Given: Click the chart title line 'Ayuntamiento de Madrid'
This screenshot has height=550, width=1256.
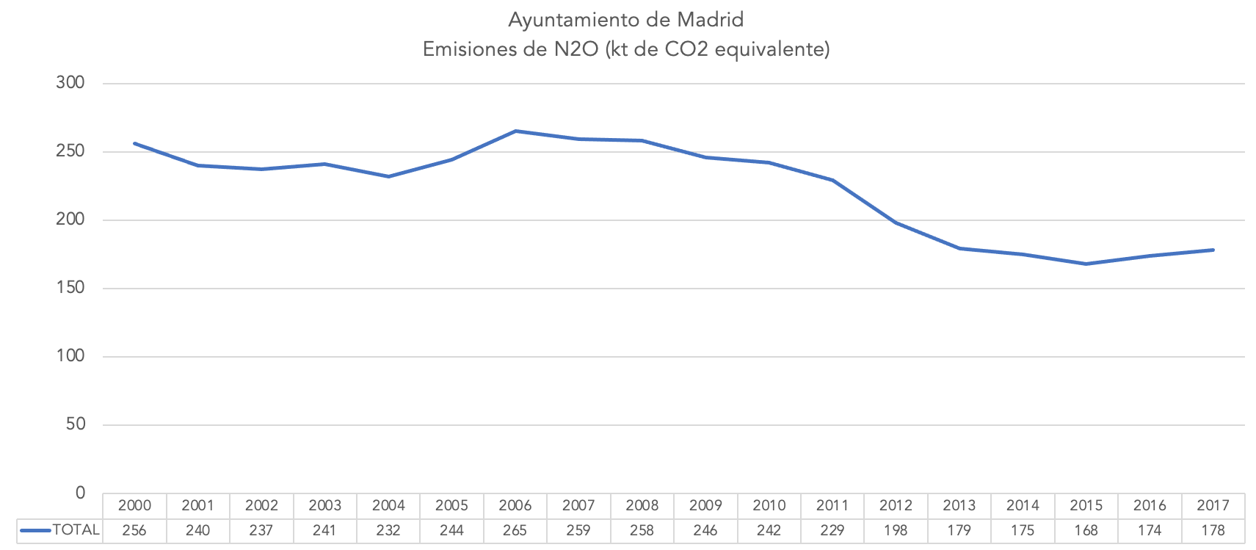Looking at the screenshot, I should tap(625, 20).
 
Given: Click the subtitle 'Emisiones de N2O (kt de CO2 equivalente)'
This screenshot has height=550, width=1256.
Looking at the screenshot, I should tap(625, 49).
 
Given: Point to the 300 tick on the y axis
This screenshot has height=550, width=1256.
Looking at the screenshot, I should tap(70, 83).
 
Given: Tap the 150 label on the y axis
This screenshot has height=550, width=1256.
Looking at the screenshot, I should tap(70, 288).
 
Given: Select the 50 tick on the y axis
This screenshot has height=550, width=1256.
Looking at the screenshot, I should tap(76, 424).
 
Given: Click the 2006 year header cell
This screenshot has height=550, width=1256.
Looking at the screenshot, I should tap(515, 505).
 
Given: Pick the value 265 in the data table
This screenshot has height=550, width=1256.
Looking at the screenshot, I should tap(515, 530).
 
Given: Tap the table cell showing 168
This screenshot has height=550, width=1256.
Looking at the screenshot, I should tap(1086, 530).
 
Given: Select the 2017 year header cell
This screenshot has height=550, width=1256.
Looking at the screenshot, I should tap(1213, 505).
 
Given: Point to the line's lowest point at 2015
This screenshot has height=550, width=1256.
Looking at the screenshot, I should tap(1086, 264).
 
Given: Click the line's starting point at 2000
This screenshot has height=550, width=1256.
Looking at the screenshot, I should tap(135, 144).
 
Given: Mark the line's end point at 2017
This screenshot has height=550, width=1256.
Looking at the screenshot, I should tap(1213, 250).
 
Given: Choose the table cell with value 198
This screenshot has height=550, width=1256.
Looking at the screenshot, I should tap(896, 530).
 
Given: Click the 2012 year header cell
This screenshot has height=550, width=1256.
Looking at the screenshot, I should tap(896, 505).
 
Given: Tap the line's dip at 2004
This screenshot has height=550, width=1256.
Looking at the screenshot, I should tap(388, 176).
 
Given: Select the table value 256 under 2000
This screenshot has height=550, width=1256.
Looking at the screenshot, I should tap(134, 530).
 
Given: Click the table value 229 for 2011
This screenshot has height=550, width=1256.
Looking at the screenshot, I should tap(832, 530).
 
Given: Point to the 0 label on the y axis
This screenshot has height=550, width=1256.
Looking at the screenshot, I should tap(81, 493).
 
